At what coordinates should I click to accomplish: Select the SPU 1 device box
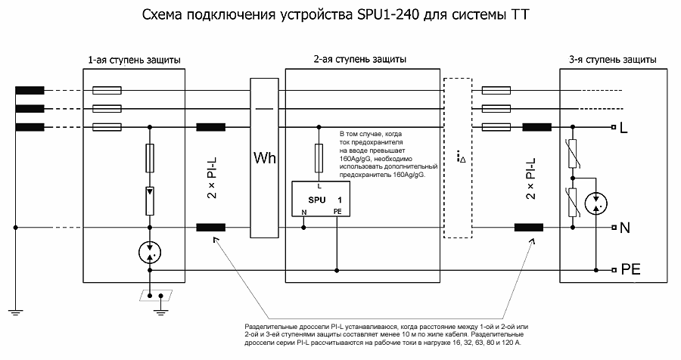[323, 200]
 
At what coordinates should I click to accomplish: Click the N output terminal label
[625, 227]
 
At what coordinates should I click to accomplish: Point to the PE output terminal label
[630, 268]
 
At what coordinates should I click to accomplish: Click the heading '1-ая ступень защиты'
[135, 60]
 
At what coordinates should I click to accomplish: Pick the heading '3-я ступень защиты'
[612, 60]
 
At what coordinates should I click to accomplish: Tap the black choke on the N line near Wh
[211, 227]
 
